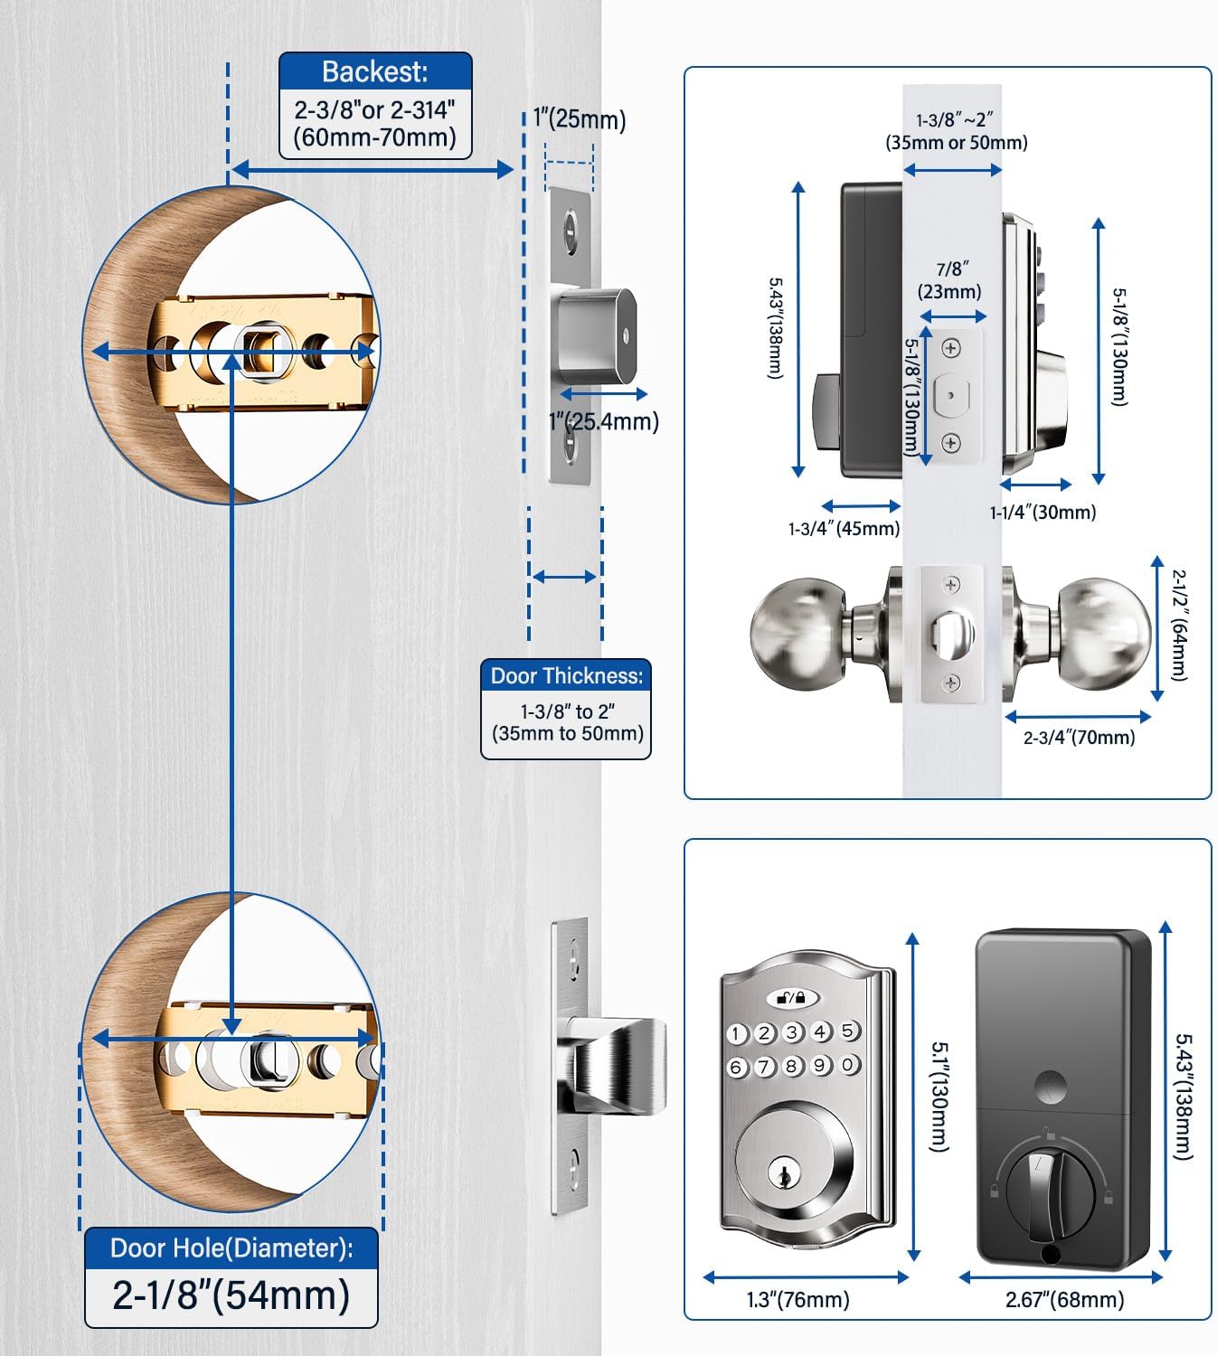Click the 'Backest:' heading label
(374, 71)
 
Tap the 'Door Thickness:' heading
(566, 676)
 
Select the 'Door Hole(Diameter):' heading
(231, 1248)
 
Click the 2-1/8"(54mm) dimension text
(231, 1295)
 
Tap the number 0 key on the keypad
(848, 1065)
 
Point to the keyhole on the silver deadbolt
(783, 1174)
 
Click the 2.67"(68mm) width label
(1064, 1300)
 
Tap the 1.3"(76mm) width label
(797, 1300)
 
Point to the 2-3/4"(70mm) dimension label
(1079, 738)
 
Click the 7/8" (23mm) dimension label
(949, 280)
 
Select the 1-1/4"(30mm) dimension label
(1042, 513)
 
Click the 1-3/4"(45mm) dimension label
(844, 529)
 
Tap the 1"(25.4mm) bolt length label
(604, 421)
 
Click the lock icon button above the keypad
(792, 998)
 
